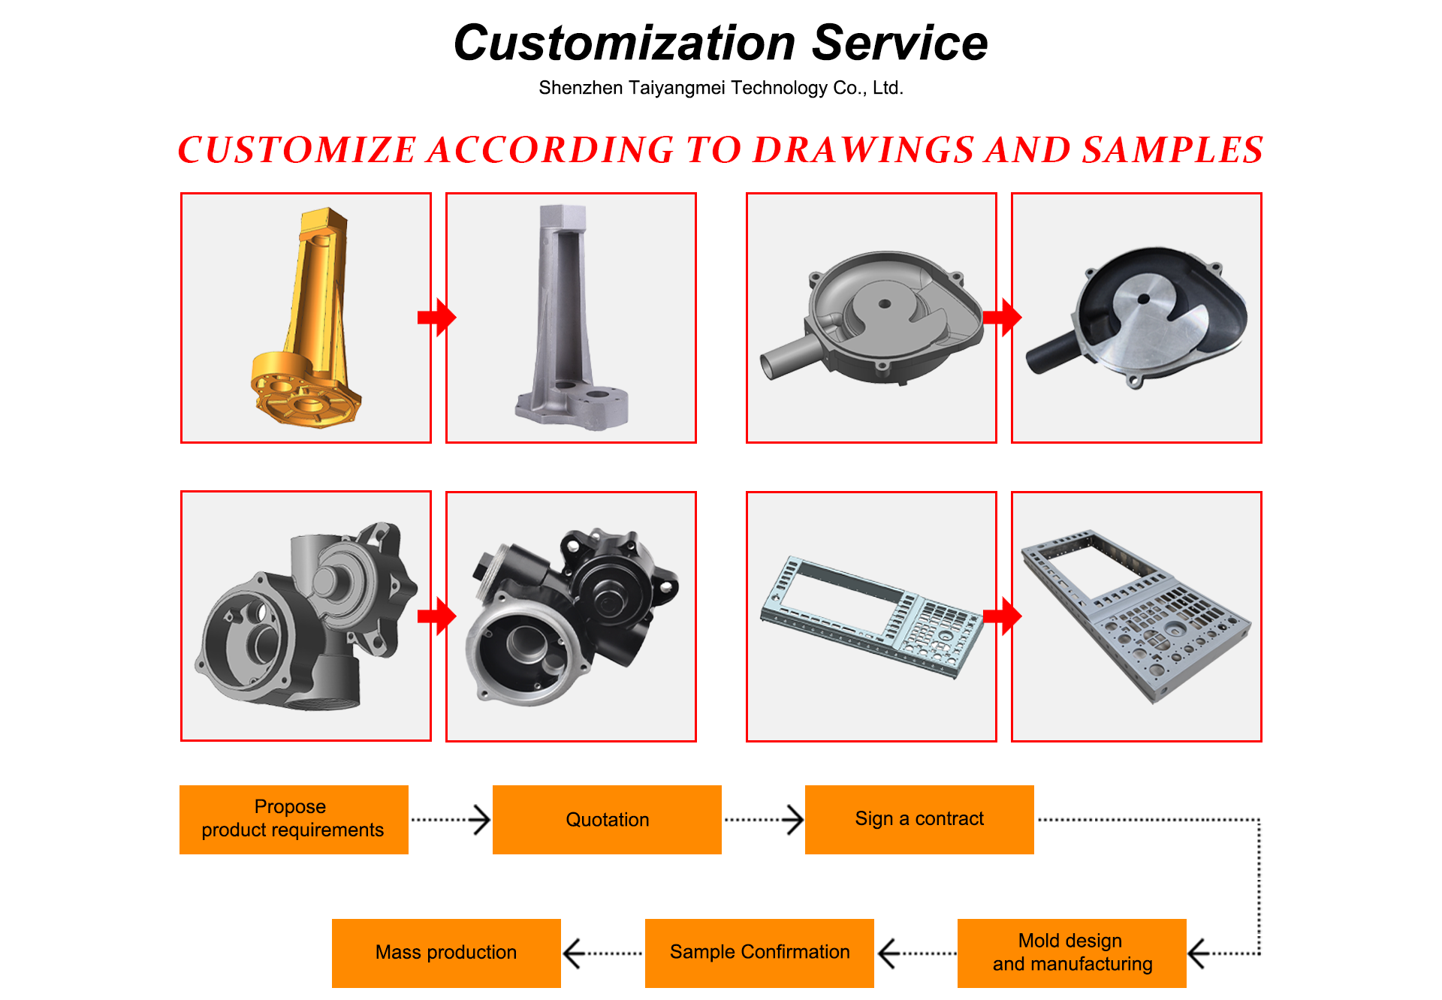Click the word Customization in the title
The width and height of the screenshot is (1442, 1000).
pos(624,44)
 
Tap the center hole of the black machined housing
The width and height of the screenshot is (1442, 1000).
pos(1143,299)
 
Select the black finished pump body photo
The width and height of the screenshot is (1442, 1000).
pos(571,616)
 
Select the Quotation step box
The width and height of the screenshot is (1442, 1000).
pos(607,820)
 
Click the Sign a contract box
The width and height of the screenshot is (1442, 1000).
pos(919,819)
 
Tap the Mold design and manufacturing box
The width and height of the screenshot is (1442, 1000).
pos(1072,953)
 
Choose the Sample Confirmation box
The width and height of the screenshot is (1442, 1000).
pos(759,953)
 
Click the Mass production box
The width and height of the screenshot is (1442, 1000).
pos(446,953)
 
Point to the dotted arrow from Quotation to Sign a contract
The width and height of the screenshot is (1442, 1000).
pos(763,820)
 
